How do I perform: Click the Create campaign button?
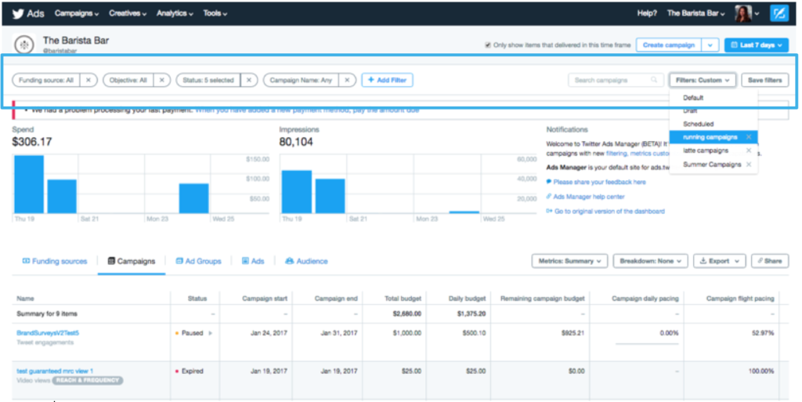click(668, 45)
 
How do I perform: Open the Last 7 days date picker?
click(756, 45)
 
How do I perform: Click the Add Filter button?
click(387, 80)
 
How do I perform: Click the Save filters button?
click(764, 80)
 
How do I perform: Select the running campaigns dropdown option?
click(710, 137)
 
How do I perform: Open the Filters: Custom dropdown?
click(703, 80)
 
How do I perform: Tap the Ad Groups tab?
click(199, 261)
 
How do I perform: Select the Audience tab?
click(306, 261)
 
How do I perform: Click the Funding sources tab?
click(55, 261)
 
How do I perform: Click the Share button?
click(769, 261)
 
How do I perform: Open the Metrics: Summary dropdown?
click(569, 261)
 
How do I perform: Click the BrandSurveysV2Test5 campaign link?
click(48, 333)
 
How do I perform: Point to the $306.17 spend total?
click(32, 142)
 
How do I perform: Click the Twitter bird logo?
click(16, 13)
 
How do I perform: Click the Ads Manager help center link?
click(589, 197)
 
